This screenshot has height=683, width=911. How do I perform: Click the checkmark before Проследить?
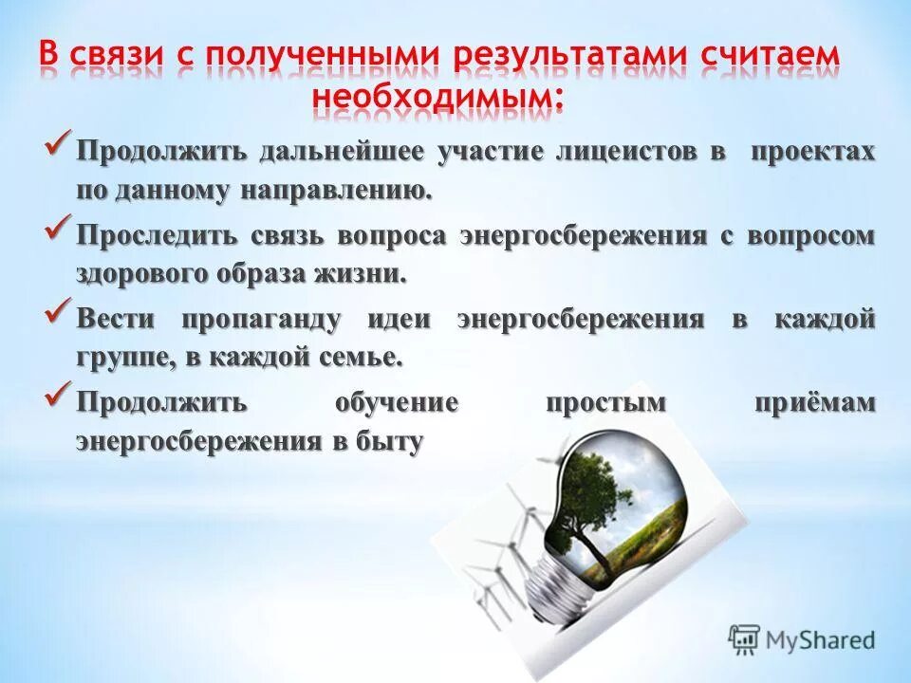(59, 229)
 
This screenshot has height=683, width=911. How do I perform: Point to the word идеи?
(398, 320)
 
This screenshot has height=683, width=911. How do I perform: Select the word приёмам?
(814, 401)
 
